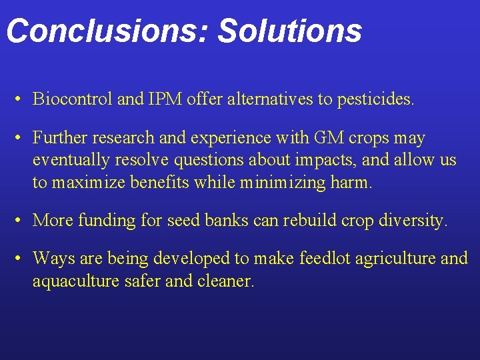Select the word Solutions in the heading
tap(290, 31)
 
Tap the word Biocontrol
tap(73, 100)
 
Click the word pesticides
tap(375, 100)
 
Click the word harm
tap(351, 183)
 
